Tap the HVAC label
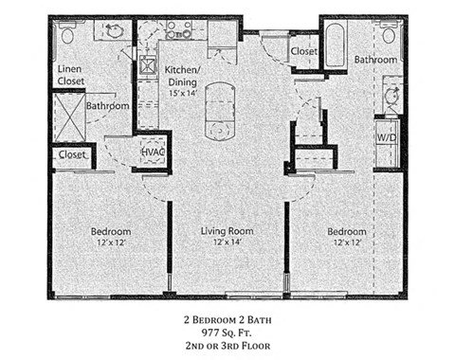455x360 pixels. tap(154, 152)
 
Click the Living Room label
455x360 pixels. tap(227, 231)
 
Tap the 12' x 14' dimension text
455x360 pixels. tap(227, 243)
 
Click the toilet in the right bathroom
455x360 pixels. tap(391, 36)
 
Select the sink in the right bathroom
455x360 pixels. tap(390, 96)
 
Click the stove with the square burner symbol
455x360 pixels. tap(149, 66)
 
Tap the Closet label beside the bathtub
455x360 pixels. tap(303, 50)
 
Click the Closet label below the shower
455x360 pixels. tap(72, 154)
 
